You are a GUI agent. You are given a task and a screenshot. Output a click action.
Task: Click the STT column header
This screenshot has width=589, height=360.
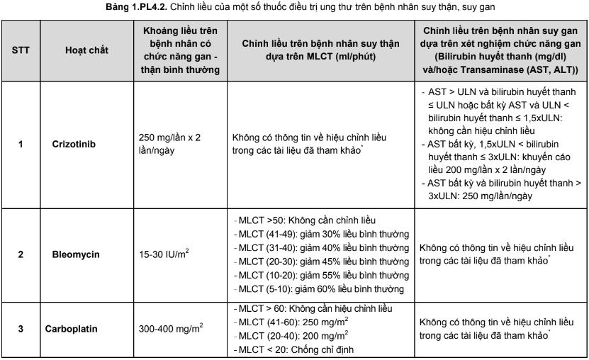[x=21, y=50]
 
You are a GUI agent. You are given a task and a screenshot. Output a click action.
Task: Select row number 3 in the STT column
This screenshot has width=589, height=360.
[x=21, y=330]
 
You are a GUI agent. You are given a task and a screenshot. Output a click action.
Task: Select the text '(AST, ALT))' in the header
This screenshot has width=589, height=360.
[x=544, y=69]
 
